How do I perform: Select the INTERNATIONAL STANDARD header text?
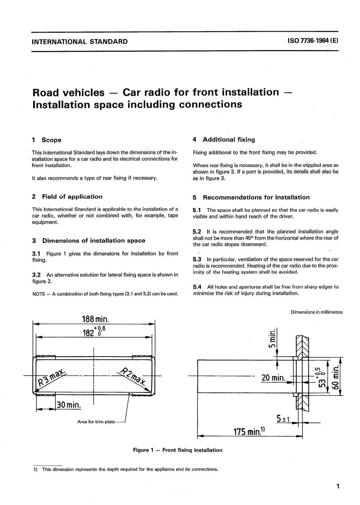(80, 41)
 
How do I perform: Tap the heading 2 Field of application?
(67, 196)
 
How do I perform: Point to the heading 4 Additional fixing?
(224, 140)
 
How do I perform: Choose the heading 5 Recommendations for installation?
(251, 197)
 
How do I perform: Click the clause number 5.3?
(197, 259)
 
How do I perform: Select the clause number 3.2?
(37, 274)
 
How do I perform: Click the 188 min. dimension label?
(95, 318)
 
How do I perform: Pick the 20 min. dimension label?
(273, 378)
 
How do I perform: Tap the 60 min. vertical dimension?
(335, 380)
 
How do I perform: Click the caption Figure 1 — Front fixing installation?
(177, 450)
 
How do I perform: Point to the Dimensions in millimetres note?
(316, 312)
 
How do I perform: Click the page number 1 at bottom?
(337, 486)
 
